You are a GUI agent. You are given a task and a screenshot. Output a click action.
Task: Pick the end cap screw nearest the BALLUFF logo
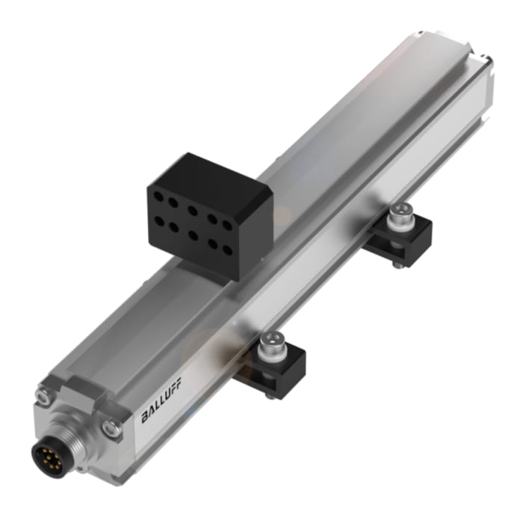112,428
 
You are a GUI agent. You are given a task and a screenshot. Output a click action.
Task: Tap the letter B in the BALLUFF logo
143,417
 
